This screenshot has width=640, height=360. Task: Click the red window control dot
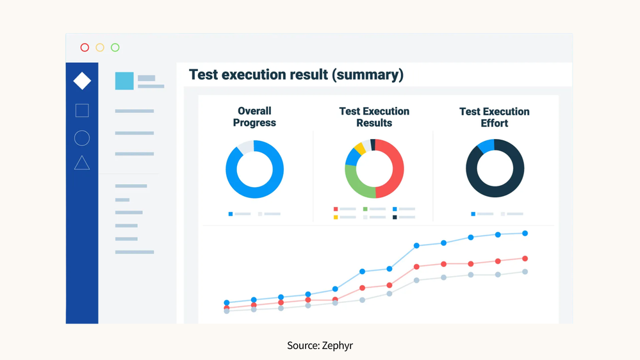tap(85, 47)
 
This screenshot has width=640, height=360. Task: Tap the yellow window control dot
tap(100, 47)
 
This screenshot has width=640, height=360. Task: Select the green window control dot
tap(115, 47)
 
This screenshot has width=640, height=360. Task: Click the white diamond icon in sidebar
tap(82, 81)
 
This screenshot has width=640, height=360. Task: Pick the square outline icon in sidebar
tap(82, 111)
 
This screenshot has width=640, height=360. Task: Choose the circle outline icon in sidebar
tap(82, 138)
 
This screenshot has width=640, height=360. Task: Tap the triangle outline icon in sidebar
tap(82, 163)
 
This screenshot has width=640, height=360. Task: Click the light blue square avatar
tap(124, 81)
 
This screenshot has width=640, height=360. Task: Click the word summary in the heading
tap(366, 75)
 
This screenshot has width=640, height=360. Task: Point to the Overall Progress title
tap(254, 117)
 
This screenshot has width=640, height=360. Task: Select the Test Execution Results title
tap(374, 117)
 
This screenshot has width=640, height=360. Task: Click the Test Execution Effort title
tap(494, 117)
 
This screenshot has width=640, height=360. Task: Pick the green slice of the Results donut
tap(357, 184)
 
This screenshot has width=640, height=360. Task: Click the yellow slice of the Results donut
tap(360, 149)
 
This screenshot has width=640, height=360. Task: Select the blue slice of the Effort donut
tap(486, 146)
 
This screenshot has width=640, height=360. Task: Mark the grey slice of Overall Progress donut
tap(246, 147)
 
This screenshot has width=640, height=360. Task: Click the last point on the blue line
tap(525, 233)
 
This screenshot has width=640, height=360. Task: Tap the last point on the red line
tap(525, 259)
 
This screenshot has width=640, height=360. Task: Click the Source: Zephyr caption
tap(320, 345)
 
